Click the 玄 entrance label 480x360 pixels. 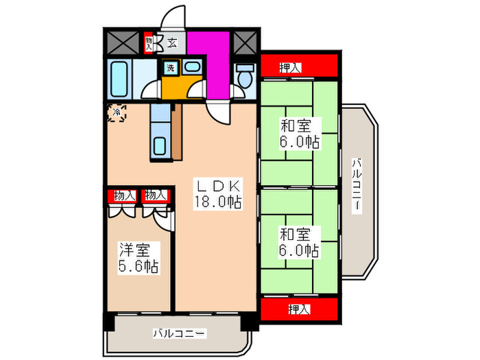[x=172, y=43]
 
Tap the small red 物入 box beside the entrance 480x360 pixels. [x=149, y=43]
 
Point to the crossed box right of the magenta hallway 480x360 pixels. [x=243, y=43]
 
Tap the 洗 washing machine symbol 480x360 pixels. [x=169, y=67]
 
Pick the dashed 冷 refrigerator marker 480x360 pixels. [x=117, y=112]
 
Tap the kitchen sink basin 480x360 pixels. [x=160, y=146]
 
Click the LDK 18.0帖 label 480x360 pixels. [x=218, y=194]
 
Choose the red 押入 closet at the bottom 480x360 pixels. [x=299, y=308]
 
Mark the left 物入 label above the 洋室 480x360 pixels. [x=124, y=195]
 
